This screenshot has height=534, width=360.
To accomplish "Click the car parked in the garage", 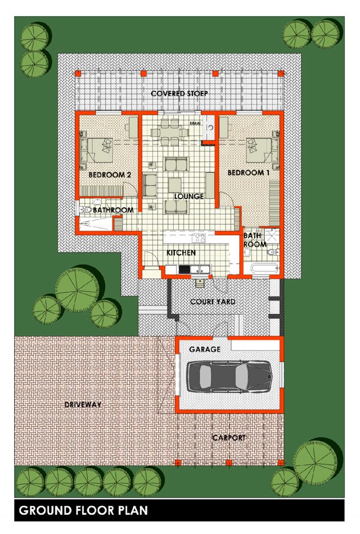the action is (229, 376).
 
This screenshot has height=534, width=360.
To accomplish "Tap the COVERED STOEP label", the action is (179, 93).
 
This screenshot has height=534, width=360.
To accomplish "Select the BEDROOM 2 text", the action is (110, 175).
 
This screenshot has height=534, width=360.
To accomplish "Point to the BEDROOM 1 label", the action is (249, 173).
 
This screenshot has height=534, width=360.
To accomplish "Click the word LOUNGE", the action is (189, 196).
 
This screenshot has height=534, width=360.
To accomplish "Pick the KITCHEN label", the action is (181, 253).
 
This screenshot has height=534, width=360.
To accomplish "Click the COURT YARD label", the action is (213, 302).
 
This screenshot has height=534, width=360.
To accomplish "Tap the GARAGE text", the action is (205, 349).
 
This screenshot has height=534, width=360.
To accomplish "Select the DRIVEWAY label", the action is (83, 405).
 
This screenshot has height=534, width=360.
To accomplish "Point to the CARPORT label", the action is (229, 438).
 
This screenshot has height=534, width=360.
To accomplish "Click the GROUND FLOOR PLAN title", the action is (83, 510).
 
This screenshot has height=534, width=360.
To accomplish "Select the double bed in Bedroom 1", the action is (263, 150).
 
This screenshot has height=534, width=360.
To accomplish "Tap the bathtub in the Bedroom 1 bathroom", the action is (264, 268).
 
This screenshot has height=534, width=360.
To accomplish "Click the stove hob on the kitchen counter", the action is (199, 237).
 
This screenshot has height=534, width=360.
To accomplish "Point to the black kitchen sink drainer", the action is (184, 270).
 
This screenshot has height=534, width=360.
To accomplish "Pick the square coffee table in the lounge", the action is (175, 185).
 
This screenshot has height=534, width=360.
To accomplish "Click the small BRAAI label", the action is (195, 123).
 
